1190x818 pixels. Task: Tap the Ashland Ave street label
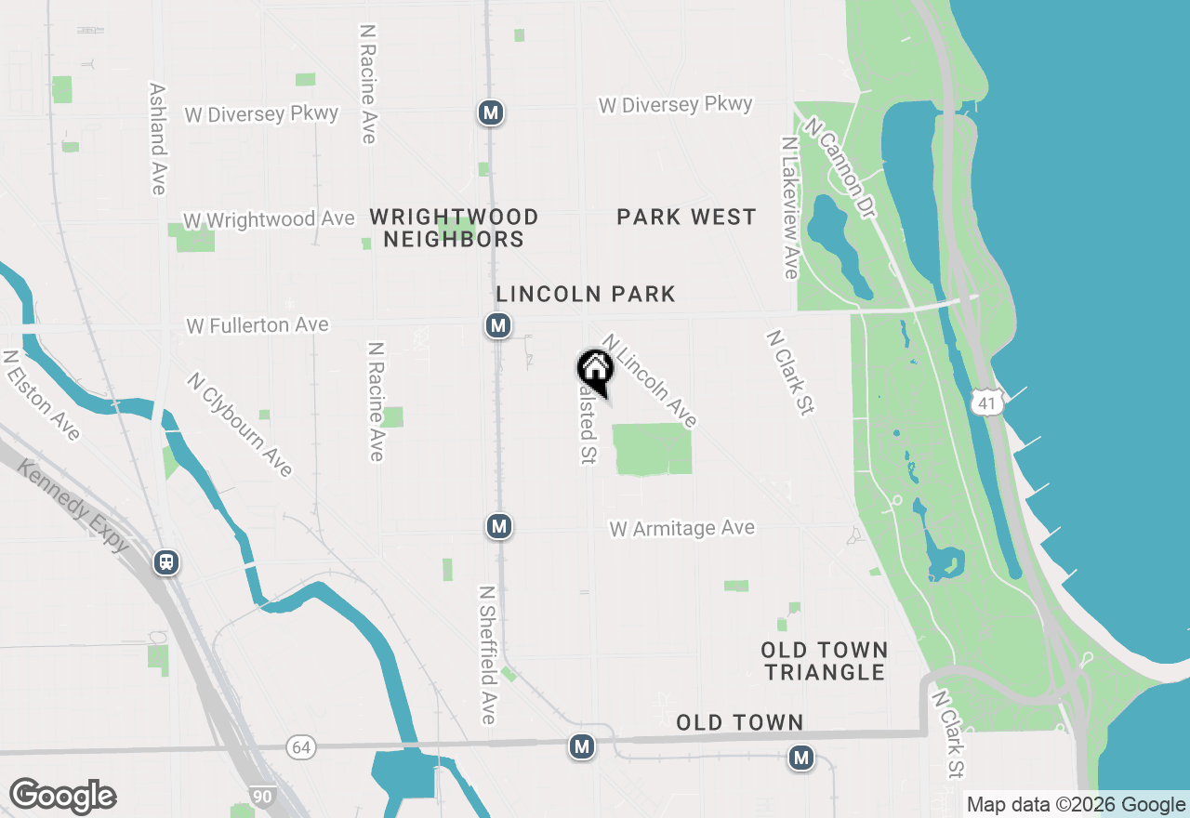[157, 139]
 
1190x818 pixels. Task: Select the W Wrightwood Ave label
[269, 220]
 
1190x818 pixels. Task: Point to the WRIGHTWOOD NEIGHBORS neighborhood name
[454, 228]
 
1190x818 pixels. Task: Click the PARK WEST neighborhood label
[686, 218]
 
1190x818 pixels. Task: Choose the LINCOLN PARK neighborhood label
[586, 295]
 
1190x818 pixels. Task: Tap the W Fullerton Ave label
[258, 325]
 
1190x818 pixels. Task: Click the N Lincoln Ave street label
[650, 381]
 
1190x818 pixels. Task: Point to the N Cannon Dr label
[841, 168]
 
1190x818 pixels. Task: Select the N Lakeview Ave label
[790, 208]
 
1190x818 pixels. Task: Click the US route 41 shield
[986, 402]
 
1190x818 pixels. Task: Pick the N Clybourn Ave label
[240, 425]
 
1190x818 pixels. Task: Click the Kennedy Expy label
[71, 506]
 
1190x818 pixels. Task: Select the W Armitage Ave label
[681, 529]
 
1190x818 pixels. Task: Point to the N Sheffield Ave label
[487, 654]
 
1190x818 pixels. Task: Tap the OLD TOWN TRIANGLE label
[824, 661]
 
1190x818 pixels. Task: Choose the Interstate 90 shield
[262, 796]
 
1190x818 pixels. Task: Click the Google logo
[62, 796]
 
